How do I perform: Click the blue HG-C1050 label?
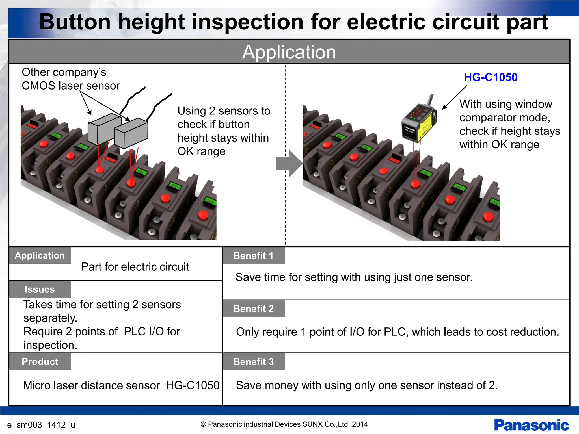[x=491, y=77]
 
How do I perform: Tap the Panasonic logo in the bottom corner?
[x=531, y=425]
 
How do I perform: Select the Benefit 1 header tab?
[x=254, y=256]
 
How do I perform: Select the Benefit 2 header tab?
[x=254, y=309]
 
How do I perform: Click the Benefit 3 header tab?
[x=254, y=362]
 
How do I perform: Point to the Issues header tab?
[x=40, y=289]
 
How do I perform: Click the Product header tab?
[x=40, y=362]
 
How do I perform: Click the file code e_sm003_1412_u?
[x=41, y=425]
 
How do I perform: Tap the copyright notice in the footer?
[x=284, y=424]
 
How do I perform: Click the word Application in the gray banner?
[x=289, y=52]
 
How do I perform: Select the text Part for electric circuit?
[x=135, y=267]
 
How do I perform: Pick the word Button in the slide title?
[x=75, y=22]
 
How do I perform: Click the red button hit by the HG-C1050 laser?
[x=415, y=184]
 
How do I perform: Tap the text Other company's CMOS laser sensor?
[x=71, y=79]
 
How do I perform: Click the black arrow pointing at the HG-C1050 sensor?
[x=454, y=98]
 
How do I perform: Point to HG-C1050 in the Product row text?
[x=193, y=385]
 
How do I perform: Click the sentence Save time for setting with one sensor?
[x=354, y=277]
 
